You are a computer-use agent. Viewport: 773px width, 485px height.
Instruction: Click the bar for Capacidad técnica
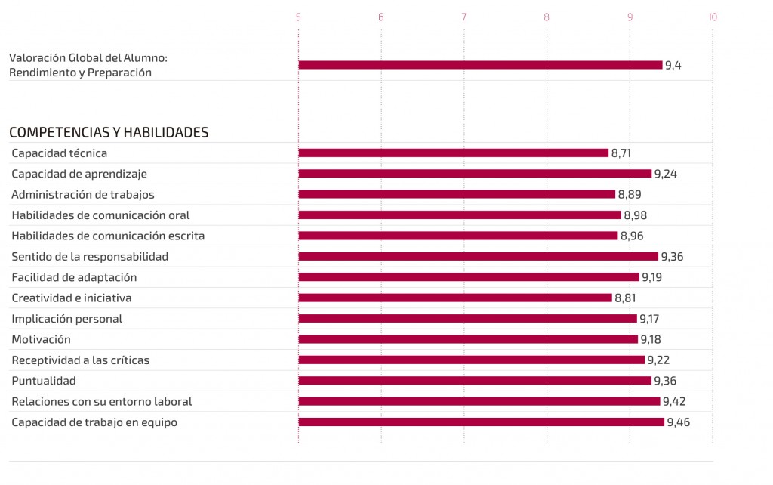453,153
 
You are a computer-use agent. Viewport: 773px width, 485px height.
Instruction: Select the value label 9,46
678,422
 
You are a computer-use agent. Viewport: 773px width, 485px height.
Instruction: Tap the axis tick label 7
463,17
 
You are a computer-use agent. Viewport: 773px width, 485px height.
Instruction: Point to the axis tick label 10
711,17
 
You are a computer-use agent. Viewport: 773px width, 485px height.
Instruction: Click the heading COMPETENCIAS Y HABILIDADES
109,132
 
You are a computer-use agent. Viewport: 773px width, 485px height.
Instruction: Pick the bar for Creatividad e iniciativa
454,298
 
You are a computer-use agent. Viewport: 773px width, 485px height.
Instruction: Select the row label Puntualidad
44,381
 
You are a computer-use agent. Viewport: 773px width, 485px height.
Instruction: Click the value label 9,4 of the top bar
673,65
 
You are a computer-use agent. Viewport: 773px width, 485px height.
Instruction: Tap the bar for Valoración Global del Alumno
480,65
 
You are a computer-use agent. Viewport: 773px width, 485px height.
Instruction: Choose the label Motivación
41,339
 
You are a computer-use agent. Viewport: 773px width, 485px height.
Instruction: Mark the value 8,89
630,194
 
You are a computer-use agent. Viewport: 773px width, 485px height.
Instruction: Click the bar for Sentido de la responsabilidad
478,256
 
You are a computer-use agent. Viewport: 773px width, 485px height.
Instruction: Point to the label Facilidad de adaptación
74,277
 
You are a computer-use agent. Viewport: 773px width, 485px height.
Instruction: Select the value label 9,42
674,401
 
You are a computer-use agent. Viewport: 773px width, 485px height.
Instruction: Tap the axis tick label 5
298,17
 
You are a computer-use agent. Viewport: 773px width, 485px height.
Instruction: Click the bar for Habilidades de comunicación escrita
457,236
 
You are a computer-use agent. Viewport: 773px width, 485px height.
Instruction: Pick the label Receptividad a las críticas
80,360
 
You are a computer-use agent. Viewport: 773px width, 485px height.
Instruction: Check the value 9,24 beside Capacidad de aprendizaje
666,174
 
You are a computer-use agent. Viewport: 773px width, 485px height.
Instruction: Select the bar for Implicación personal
467,318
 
